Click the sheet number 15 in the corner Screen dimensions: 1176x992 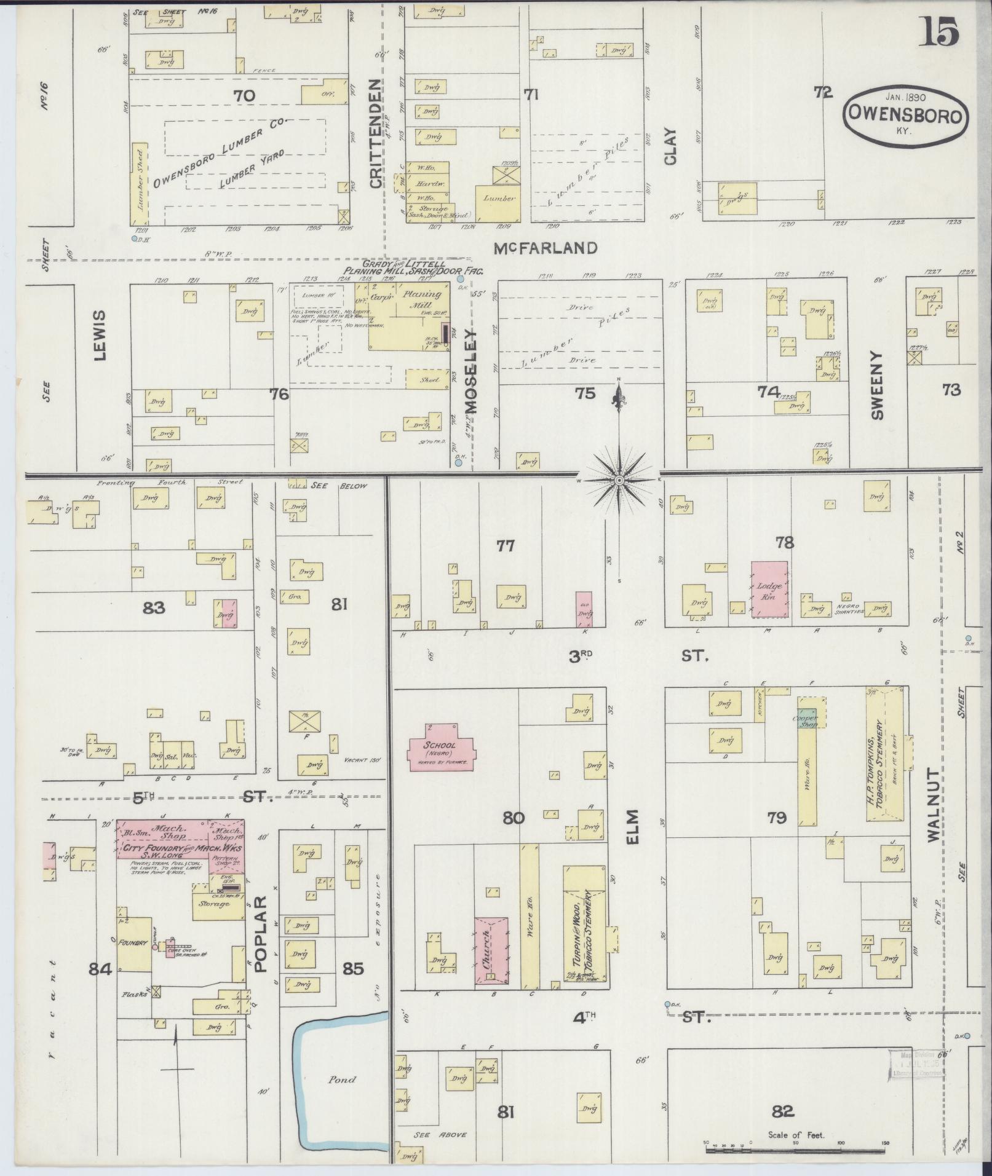pyautogui.click(x=938, y=32)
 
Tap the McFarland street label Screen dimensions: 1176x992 pyautogui.click(x=546, y=248)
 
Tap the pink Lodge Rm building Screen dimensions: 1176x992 pyautogui.click(x=769, y=588)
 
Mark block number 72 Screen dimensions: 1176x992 pyautogui.click(x=823, y=93)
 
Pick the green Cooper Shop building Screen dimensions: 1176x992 pyautogui.click(x=806, y=720)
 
